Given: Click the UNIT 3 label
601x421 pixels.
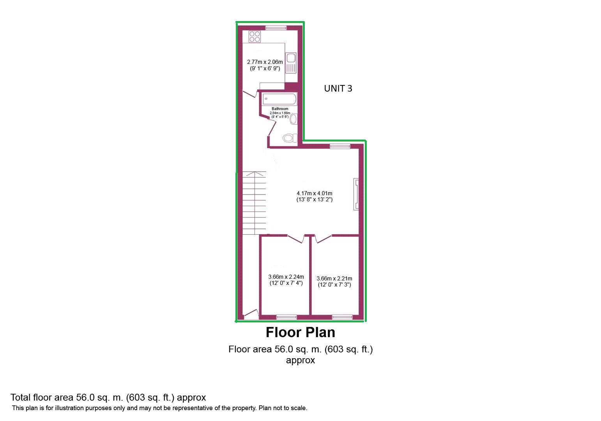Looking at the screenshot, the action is [x=338, y=88].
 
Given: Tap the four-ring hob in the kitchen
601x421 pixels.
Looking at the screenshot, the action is [x=255, y=37].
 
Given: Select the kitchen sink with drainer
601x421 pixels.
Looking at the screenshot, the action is [x=291, y=63].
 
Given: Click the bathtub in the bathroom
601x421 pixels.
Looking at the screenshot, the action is [x=279, y=99].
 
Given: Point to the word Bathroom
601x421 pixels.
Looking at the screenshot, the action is [x=280, y=109].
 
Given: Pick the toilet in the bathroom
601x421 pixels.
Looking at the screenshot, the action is [x=290, y=138].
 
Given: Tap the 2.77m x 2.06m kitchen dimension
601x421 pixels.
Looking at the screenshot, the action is [x=265, y=62].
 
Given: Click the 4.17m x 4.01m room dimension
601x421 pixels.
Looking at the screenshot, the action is [x=315, y=193].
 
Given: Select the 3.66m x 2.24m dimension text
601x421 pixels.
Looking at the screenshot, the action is [x=286, y=277].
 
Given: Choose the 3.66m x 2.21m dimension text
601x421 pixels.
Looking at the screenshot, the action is [x=334, y=278].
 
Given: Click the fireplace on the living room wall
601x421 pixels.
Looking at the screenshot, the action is [x=356, y=194].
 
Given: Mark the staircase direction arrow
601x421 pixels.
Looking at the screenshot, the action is [x=255, y=174].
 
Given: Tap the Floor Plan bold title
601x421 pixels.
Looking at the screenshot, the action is [x=300, y=332].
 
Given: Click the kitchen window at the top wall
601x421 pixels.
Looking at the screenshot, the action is [x=276, y=28].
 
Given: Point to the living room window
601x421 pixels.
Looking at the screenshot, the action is [x=340, y=146].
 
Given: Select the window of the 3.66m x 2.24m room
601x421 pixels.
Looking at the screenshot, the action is [x=286, y=317].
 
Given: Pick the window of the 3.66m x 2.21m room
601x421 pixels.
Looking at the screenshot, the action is [x=342, y=317].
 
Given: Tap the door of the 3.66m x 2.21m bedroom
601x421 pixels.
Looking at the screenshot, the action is [x=323, y=239].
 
